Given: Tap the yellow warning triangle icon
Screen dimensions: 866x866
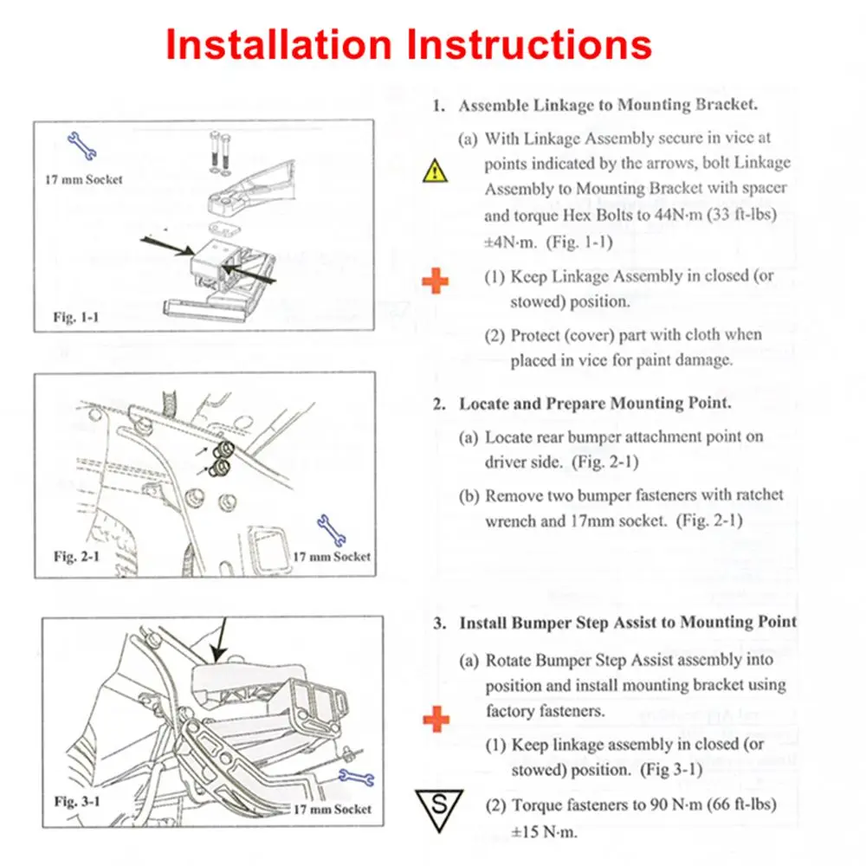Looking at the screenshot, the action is point(435,171).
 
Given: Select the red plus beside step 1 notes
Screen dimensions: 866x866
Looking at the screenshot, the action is point(436,281).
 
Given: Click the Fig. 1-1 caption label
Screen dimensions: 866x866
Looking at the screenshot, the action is point(75,317).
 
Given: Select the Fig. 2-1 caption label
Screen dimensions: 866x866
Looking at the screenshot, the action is point(77,556).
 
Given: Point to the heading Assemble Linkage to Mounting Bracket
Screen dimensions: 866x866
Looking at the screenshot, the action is point(608,106).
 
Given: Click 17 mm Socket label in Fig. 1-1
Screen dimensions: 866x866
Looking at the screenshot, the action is point(84,179).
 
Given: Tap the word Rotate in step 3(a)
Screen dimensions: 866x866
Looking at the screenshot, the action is point(507,660).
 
